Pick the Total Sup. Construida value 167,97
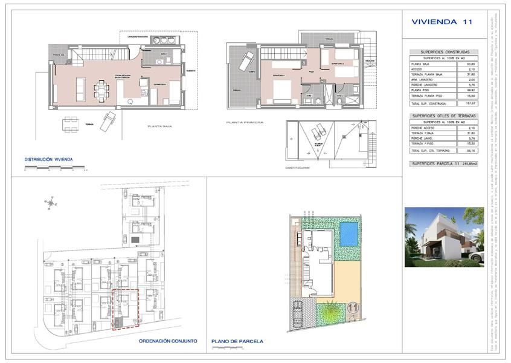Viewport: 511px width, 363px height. click(x=463, y=103)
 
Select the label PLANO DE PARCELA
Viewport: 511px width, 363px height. click(x=237, y=341)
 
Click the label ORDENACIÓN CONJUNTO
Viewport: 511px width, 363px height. click(x=167, y=341)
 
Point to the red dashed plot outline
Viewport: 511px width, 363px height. click(x=126, y=309)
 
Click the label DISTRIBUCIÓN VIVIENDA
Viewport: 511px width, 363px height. click(x=48, y=160)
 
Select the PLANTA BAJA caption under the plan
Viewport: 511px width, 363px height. click(x=162, y=126)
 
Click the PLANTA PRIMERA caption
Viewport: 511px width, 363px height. click(x=242, y=122)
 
